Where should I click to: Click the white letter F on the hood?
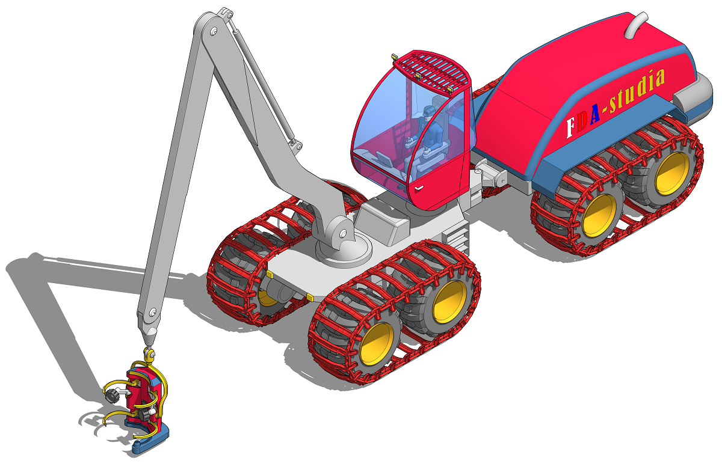click(570, 127)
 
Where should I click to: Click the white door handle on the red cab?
click(419, 188)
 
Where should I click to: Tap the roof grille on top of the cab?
click(431, 71)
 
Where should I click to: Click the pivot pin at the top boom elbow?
click(214, 31)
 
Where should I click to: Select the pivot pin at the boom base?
click(342, 233)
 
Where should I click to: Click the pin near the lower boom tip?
click(153, 312)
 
